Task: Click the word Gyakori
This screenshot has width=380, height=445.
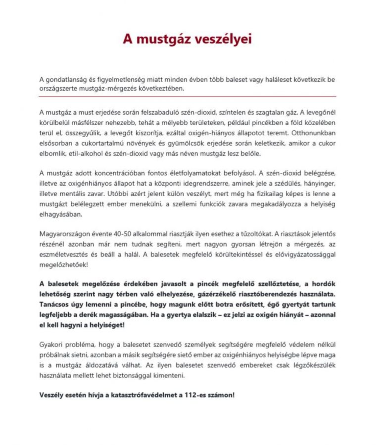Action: point(52,343)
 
